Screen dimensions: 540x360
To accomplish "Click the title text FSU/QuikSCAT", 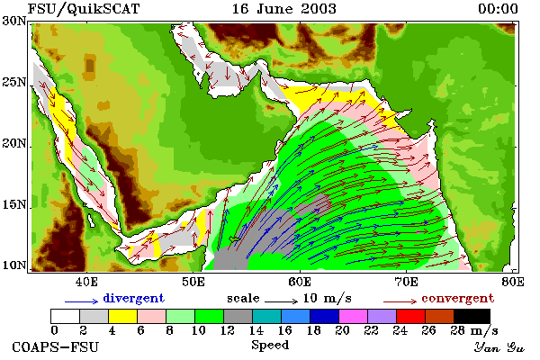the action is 84,9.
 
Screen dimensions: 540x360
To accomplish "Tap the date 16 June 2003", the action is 284,9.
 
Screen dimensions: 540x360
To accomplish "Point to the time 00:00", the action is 498,9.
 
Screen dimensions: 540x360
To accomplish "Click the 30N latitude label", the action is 14,21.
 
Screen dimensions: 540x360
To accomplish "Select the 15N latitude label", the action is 14,204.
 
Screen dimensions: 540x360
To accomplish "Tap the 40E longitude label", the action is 86,282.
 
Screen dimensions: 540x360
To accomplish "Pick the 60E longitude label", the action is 300,282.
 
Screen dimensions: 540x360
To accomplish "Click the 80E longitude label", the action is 513,282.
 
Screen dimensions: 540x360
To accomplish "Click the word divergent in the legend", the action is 133,298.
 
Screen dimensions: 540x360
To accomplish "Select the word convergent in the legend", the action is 458,298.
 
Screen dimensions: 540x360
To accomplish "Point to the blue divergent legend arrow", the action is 82,301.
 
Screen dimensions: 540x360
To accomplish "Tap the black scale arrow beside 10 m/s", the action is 281,301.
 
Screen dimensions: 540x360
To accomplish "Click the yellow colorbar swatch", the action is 123,316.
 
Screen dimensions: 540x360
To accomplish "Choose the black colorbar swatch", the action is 472,316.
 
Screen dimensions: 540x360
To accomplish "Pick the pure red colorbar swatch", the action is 411,316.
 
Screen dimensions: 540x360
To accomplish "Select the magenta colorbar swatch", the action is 354,316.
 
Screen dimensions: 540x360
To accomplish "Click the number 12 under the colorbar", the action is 227,330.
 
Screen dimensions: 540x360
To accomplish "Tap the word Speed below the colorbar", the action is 270,345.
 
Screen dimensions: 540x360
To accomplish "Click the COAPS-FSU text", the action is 56,346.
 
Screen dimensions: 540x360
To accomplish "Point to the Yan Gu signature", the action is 499,347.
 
